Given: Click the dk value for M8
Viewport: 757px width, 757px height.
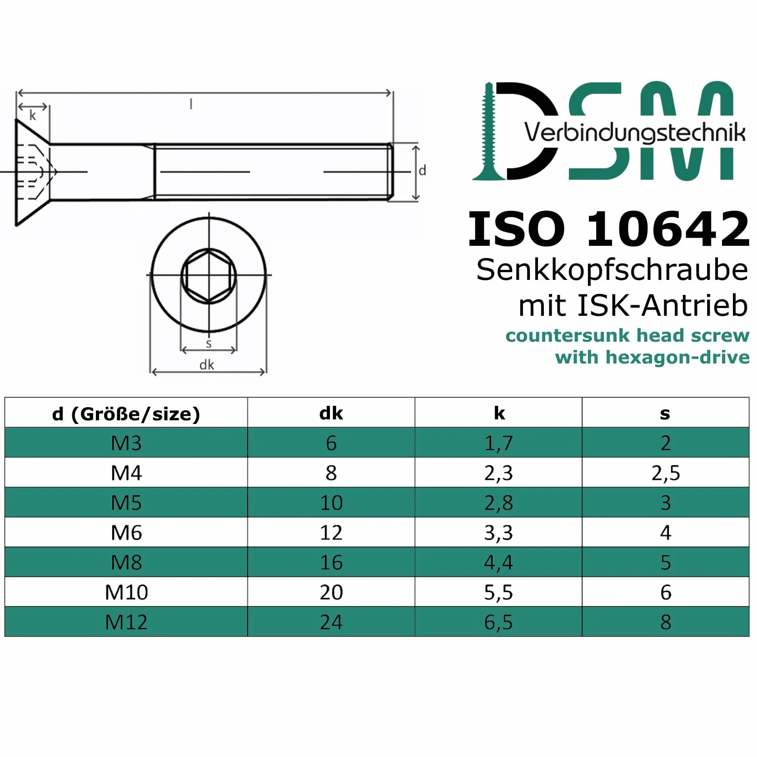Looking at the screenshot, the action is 331,563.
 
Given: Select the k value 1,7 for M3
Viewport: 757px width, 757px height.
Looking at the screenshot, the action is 498,443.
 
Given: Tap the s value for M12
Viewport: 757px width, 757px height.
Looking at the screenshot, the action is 666,622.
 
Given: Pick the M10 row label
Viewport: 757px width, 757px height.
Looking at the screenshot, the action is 126,593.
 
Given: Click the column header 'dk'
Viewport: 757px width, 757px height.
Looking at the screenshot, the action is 331,413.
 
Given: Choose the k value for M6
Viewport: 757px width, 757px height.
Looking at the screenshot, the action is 498,533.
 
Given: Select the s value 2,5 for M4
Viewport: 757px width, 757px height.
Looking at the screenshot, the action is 666,473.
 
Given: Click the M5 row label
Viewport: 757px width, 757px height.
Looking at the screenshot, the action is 126,503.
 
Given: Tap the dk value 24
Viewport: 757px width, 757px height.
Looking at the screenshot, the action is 331,622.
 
